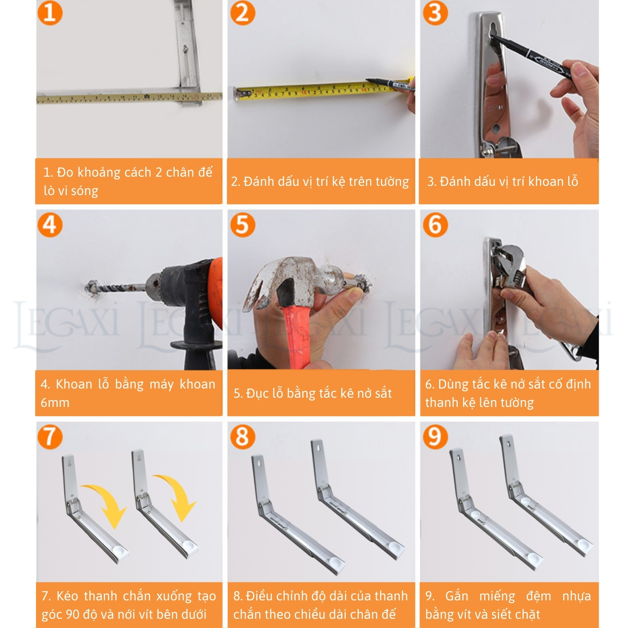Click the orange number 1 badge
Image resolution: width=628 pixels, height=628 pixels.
[x=50, y=13]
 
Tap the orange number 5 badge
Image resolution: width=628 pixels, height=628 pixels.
[x=242, y=225]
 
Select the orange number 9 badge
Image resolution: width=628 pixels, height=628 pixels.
[x=435, y=437]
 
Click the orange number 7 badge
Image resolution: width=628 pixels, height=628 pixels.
[x=50, y=437]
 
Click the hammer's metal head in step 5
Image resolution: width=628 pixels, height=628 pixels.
[x=293, y=278]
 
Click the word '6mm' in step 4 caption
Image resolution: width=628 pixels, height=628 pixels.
[x=55, y=403]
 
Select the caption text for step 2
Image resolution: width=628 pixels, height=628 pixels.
[x=320, y=182]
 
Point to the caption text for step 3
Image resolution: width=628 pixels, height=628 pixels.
[x=502, y=181]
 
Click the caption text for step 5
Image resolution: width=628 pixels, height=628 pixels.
[x=313, y=394]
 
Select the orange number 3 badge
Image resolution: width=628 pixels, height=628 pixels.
[x=435, y=13]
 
